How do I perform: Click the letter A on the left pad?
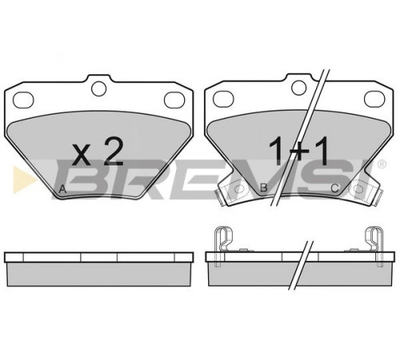tap(62, 190)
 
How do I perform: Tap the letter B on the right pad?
tap(264, 188)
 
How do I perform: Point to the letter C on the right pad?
tap(334, 188)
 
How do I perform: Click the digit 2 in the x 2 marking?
tap(114, 152)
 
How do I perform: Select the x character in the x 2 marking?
tap(82, 154)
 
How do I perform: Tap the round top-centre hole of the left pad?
tap(98, 89)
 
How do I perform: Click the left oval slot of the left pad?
tap(23, 100)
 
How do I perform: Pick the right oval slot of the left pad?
tap(174, 100)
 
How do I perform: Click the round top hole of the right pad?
tap(298, 87)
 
